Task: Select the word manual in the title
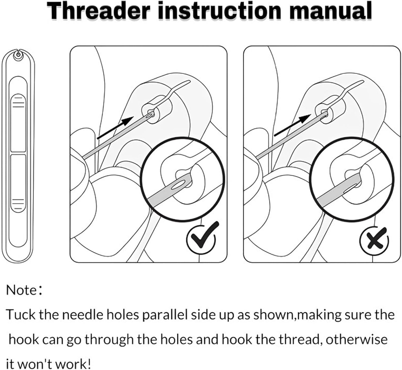pyautogui.click(x=330, y=11)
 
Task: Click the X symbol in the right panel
pyautogui.click(x=374, y=239)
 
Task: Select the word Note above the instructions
pyautogui.click(x=21, y=290)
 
